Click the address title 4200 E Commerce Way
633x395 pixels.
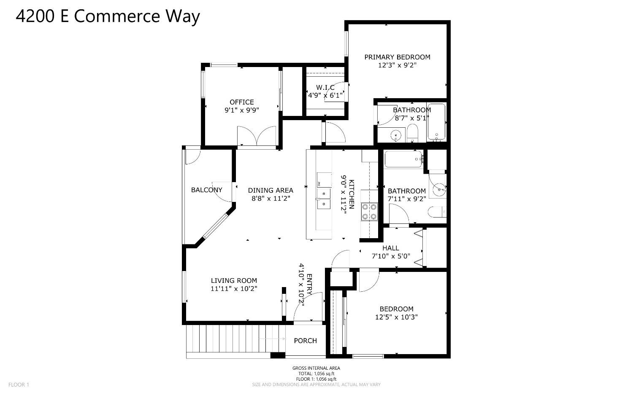click(x=108, y=17)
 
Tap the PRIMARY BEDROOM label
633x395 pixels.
click(x=397, y=57)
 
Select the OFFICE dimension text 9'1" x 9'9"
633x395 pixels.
click(x=241, y=110)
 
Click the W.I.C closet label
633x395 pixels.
click(x=325, y=87)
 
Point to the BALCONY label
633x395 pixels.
click(x=206, y=190)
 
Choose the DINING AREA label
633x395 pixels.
click(x=270, y=190)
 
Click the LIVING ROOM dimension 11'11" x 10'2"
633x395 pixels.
click(x=234, y=289)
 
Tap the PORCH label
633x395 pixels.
click(x=305, y=341)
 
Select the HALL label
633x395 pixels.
click(x=390, y=248)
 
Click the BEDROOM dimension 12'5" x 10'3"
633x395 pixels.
click(x=396, y=317)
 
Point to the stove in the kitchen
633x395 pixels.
click(x=369, y=212)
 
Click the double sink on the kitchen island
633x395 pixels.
click(x=324, y=199)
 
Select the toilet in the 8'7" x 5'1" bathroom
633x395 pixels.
click(x=412, y=134)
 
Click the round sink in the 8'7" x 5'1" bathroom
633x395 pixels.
click(x=396, y=135)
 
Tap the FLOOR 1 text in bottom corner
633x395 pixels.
click(x=19, y=384)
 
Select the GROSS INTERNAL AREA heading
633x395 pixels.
click(x=316, y=368)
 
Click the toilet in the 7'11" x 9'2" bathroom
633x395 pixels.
click(x=436, y=212)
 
